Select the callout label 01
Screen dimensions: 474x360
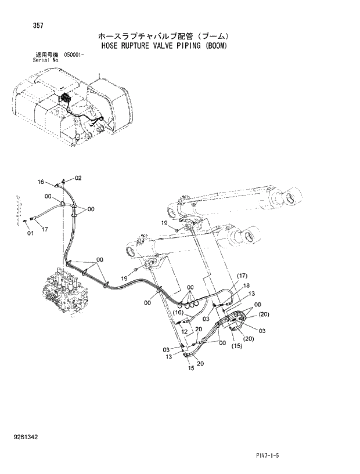(x=30, y=233)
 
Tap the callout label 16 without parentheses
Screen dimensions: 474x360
(x=41, y=182)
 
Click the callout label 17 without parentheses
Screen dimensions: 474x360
(x=45, y=229)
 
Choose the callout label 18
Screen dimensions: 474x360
(x=246, y=285)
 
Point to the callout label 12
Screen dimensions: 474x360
(x=184, y=331)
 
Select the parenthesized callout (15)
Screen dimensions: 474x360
(x=236, y=346)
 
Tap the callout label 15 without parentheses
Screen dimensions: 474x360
(x=190, y=368)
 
